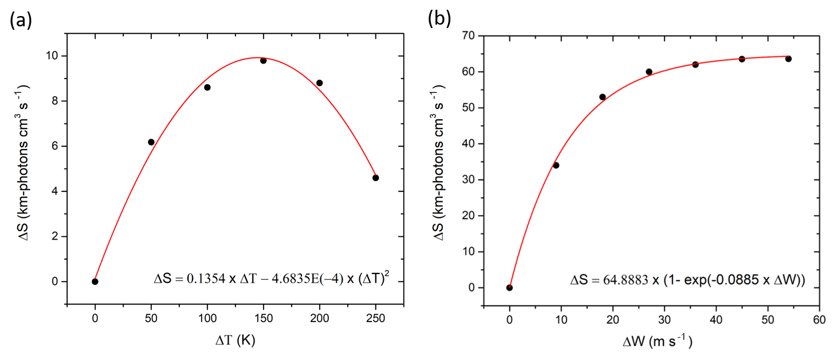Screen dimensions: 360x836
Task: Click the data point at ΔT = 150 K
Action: point(263,60)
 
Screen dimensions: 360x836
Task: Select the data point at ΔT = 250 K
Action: point(375,178)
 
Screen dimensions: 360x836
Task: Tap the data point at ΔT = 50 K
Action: point(151,142)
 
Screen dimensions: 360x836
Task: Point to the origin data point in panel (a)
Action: point(95,281)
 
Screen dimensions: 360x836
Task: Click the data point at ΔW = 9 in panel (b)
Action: point(556,165)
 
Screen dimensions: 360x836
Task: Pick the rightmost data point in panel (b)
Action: point(788,58)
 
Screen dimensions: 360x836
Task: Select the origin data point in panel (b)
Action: point(509,288)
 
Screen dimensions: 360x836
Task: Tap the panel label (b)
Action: point(439,19)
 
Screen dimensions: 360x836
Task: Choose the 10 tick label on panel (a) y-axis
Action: point(53,56)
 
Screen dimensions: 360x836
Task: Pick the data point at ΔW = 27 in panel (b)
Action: point(649,72)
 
